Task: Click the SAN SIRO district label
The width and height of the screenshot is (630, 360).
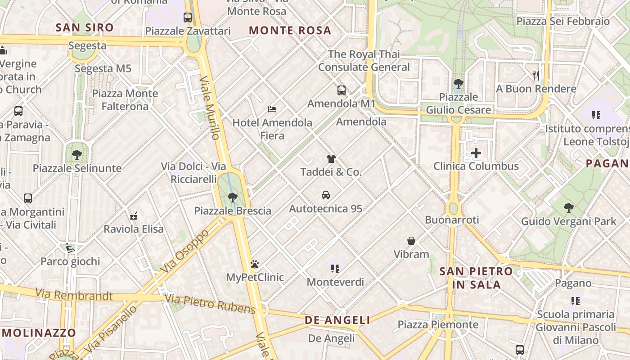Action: click(x=85, y=27)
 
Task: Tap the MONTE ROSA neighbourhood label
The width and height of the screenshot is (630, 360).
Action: click(x=290, y=31)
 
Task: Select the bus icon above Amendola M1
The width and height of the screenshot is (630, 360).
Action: click(x=342, y=90)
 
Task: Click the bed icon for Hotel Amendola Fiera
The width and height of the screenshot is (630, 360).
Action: click(x=272, y=109)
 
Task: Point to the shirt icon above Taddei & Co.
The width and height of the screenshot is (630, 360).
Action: click(x=331, y=158)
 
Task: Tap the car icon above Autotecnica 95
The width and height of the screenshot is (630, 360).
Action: click(x=326, y=195)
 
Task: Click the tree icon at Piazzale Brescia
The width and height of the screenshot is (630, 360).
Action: click(x=233, y=197)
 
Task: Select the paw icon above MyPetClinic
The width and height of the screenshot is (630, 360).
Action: click(x=255, y=264)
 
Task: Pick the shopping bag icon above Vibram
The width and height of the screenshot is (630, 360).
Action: click(x=411, y=241)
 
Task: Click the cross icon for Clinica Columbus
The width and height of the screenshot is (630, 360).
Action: click(x=476, y=153)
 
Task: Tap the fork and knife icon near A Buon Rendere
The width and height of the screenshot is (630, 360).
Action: click(x=536, y=75)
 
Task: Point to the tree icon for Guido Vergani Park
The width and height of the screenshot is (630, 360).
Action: click(x=569, y=208)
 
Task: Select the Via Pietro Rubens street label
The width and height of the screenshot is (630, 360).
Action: click(x=210, y=304)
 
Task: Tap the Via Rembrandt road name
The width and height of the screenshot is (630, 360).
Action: click(x=74, y=295)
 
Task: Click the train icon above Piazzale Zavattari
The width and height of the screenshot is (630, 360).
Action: click(x=188, y=18)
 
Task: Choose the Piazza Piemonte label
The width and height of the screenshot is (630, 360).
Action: click(x=438, y=324)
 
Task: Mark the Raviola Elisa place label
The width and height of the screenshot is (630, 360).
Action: click(x=134, y=229)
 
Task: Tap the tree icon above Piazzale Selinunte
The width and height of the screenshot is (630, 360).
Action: click(x=77, y=155)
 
